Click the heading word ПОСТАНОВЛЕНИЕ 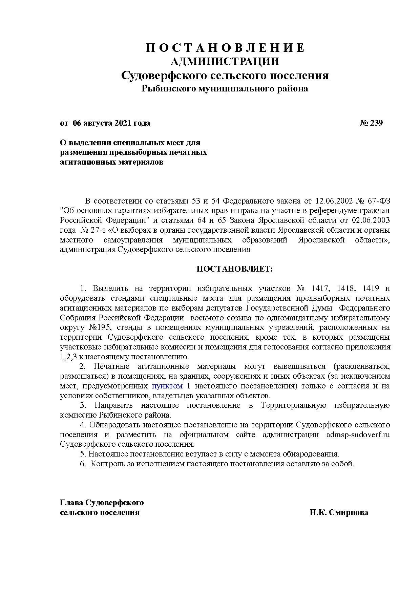pos(225,48)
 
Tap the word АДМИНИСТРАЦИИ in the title pos(225,62)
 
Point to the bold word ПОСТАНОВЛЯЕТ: pos(234,269)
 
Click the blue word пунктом pos(167,386)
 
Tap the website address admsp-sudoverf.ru pos(358,434)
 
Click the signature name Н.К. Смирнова pos(338,512)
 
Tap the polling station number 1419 pos(370,289)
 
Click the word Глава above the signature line pos(71,503)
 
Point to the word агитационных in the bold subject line pos(87,162)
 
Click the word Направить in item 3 pos(114,405)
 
